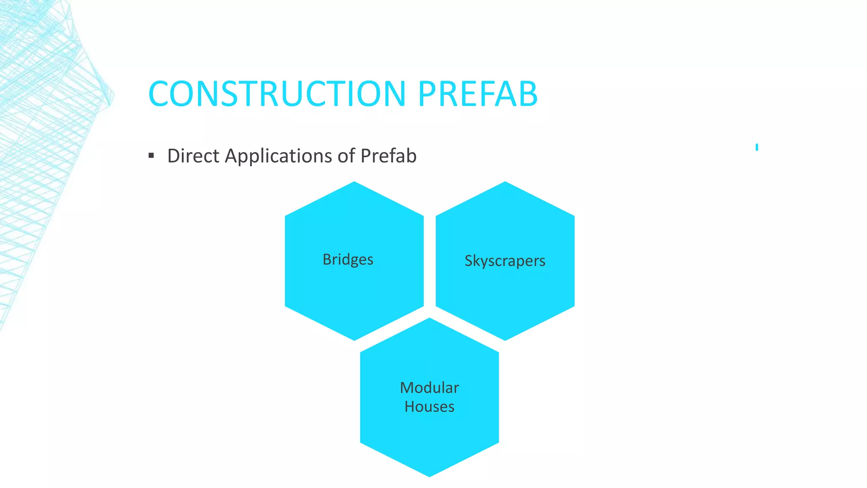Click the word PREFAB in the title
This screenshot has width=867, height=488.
478,94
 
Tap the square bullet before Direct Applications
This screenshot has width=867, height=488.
151,156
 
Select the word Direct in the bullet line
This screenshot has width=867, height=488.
193,156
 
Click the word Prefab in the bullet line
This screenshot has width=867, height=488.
388,156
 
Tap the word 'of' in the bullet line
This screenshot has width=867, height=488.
346,156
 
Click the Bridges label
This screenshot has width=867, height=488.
348,259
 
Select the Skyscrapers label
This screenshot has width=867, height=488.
505,261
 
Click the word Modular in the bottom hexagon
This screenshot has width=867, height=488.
429,388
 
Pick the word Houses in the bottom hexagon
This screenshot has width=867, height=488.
429,407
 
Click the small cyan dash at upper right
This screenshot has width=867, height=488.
757,147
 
